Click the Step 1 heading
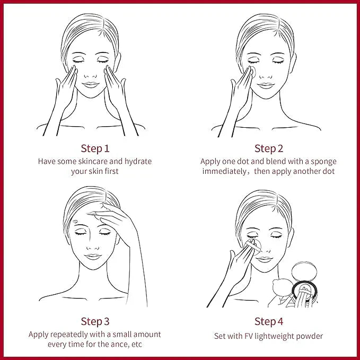[95, 148]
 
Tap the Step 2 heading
[269, 148]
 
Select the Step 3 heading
[95, 321]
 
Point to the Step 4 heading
[269, 321]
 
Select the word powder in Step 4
[311, 336]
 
